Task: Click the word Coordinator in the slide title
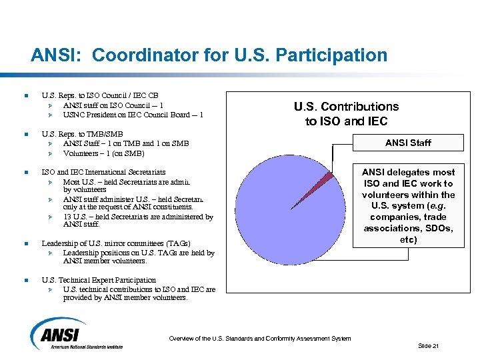131,55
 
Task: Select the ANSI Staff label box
408,142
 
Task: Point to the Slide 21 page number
428,345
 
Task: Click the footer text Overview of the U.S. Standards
259,339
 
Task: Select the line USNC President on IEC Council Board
133,115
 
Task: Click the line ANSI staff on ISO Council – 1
113,105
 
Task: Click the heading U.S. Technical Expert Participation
99,280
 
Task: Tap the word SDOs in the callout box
439,228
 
